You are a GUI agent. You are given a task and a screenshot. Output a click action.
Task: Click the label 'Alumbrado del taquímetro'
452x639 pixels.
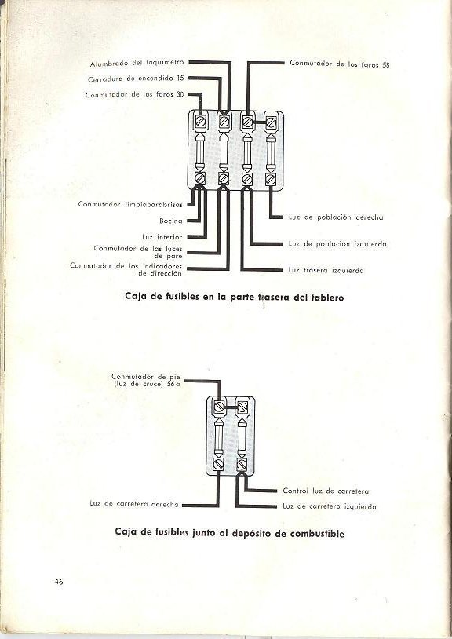137,63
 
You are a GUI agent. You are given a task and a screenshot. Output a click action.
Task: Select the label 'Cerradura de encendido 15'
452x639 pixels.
136,79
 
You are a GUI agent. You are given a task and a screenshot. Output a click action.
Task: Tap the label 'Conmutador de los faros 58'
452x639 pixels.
340,64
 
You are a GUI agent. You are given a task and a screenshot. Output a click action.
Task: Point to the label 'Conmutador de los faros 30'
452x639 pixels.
135,95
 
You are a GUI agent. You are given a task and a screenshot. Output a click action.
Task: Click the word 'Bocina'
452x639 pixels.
171,221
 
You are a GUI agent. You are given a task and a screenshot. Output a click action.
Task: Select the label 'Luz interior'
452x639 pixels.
162,237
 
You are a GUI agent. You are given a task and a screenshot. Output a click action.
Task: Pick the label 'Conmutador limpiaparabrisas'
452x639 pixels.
130,204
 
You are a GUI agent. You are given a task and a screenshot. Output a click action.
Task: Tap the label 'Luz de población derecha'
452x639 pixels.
336,217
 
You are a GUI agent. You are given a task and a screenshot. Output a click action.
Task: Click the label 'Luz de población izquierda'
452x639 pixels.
337,243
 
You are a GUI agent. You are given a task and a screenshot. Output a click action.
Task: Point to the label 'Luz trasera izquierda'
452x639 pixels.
326,270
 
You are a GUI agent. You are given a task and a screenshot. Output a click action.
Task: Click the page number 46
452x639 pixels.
59,582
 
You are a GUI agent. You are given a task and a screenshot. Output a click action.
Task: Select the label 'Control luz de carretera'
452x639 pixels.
326,491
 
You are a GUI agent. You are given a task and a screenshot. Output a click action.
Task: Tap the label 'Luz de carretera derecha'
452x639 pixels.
134,504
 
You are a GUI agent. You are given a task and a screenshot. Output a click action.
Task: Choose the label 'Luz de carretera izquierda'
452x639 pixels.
330,506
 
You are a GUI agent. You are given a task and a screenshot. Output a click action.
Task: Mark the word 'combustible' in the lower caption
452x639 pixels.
317,534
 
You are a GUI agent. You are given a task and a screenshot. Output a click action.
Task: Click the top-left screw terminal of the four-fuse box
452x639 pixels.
200,121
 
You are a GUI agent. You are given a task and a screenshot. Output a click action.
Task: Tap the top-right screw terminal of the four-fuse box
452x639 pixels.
271,121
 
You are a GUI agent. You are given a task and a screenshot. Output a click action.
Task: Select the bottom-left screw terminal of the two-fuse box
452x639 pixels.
219,464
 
